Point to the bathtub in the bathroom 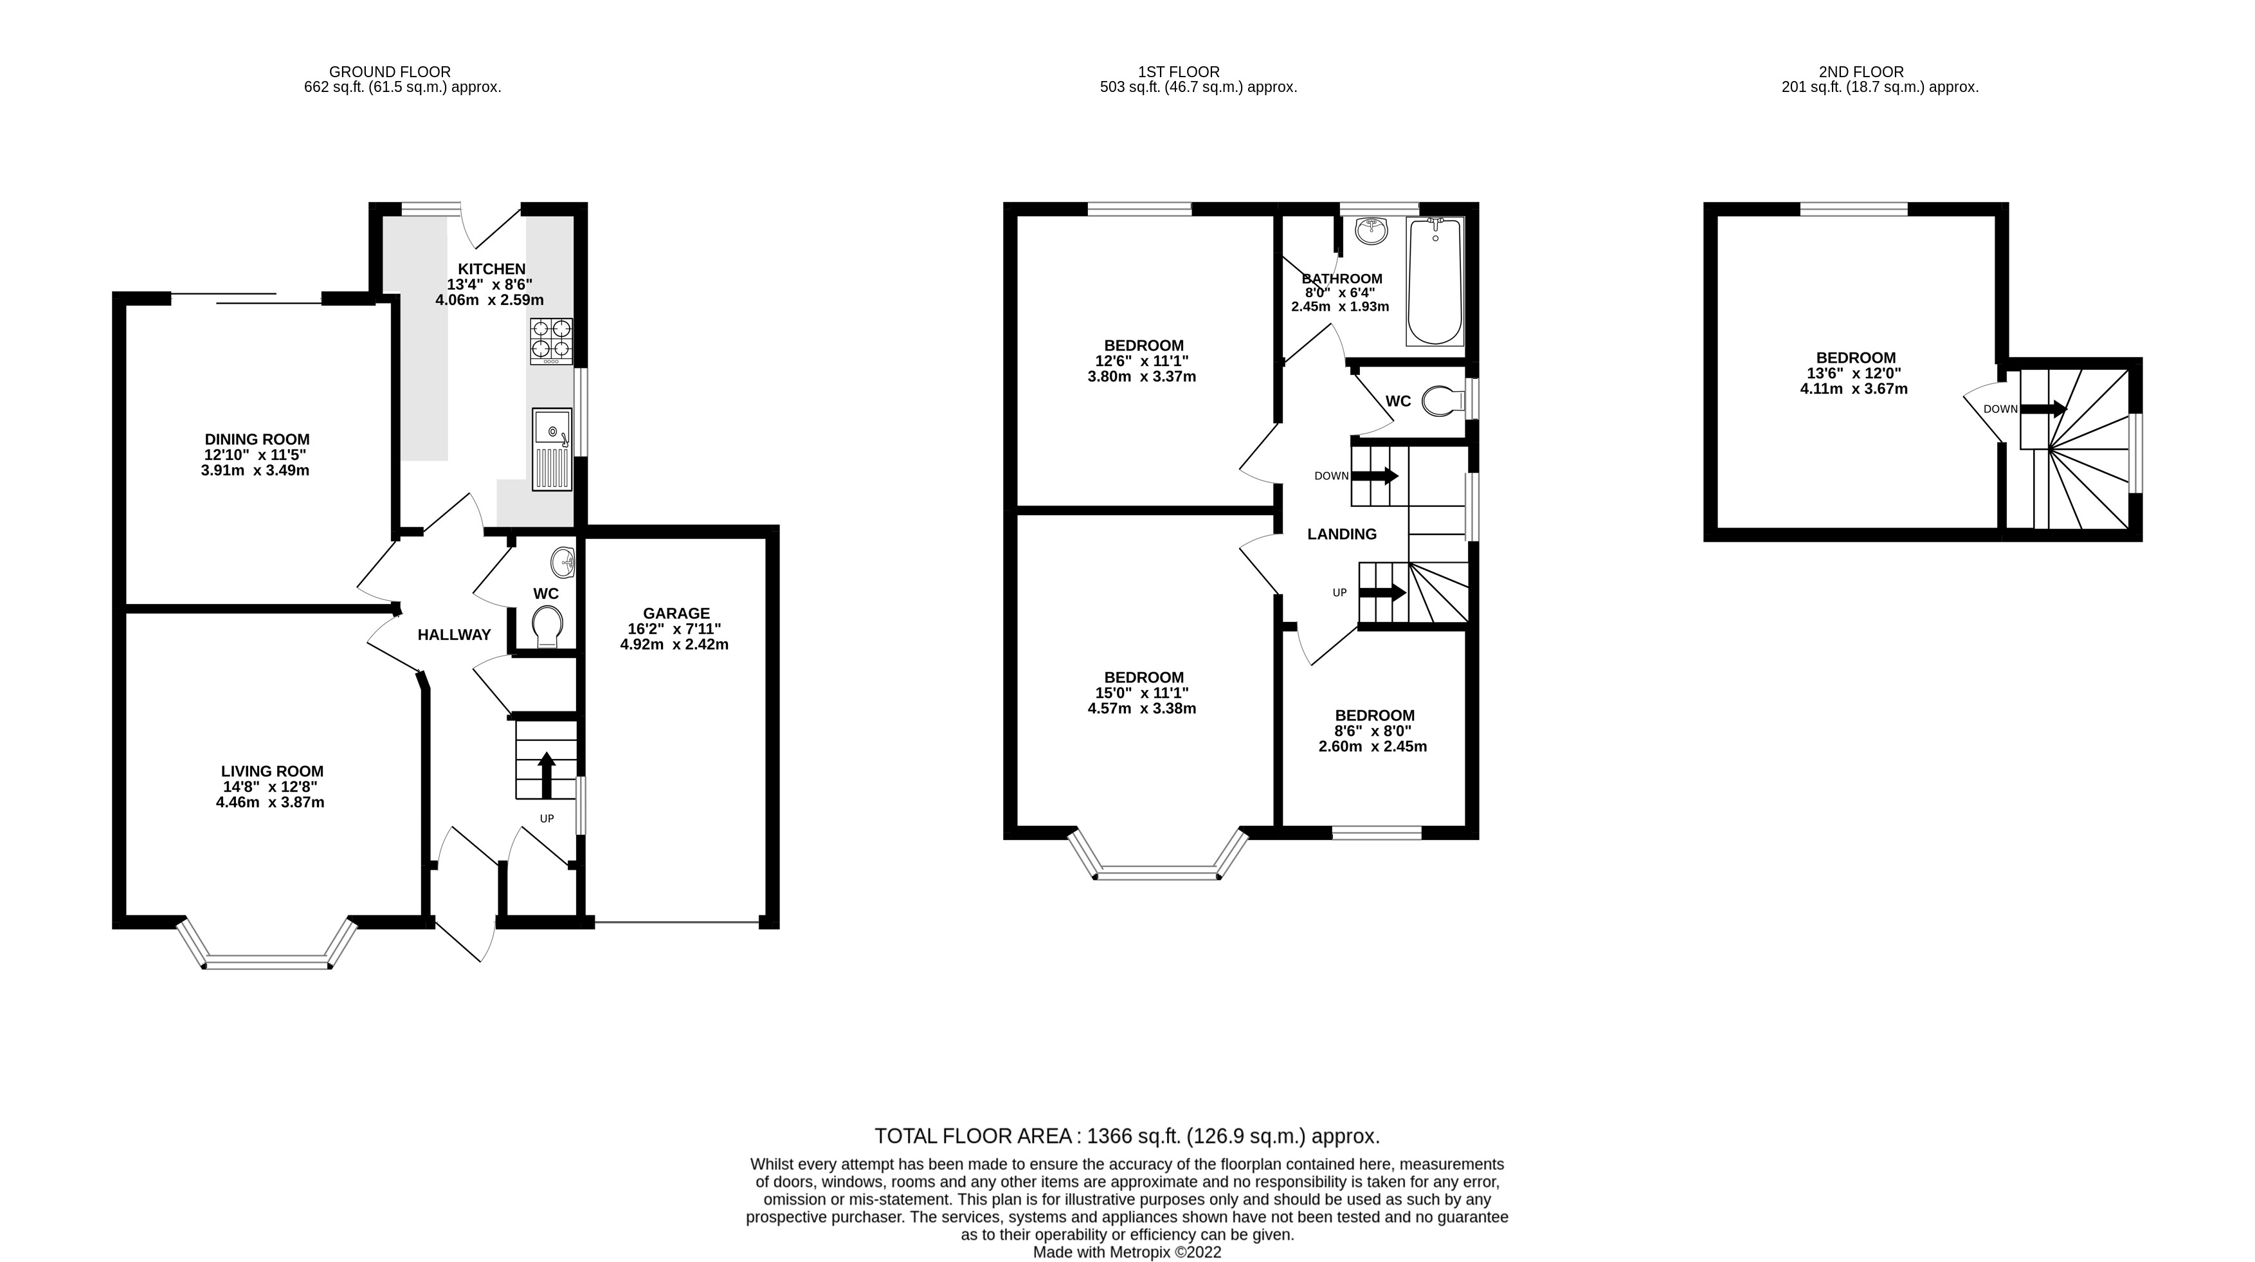[1435, 282]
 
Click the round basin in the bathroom [1370, 231]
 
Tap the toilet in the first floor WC [1444, 401]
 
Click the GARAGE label [676, 613]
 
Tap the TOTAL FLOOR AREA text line [1127, 1137]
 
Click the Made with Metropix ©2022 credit [1127, 1252]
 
